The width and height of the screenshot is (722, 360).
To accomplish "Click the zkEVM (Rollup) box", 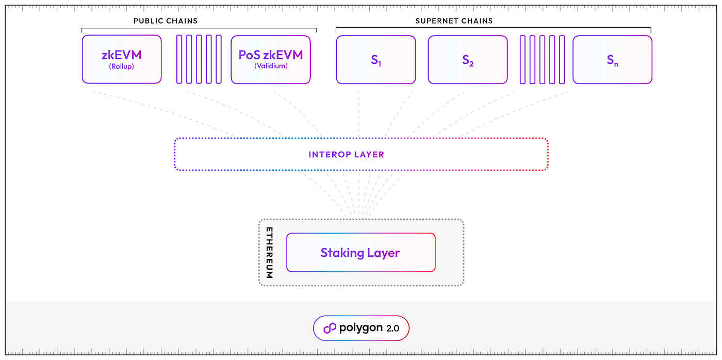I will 122,59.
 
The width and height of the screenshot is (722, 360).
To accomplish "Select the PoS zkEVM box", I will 270,59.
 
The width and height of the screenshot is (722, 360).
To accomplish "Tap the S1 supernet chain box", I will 375,59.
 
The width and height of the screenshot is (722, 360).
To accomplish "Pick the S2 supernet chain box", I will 467,59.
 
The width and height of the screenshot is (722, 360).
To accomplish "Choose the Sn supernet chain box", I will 612,59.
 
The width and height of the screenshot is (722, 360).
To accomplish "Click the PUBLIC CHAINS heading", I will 165,21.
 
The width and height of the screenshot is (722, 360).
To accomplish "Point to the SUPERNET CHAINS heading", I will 454,21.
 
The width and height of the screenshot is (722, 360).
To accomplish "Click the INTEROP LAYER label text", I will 346,154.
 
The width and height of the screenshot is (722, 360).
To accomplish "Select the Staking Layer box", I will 360,252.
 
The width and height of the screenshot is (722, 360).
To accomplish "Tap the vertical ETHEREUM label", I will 269,252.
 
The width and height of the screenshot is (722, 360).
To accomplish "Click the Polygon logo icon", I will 330,328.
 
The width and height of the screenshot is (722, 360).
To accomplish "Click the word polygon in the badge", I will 361,328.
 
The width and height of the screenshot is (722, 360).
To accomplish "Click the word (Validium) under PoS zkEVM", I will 270,66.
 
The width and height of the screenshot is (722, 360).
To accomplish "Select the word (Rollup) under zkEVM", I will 121,66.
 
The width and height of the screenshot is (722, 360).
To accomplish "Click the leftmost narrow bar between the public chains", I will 179,59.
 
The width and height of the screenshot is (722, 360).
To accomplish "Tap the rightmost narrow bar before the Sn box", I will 562,59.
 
